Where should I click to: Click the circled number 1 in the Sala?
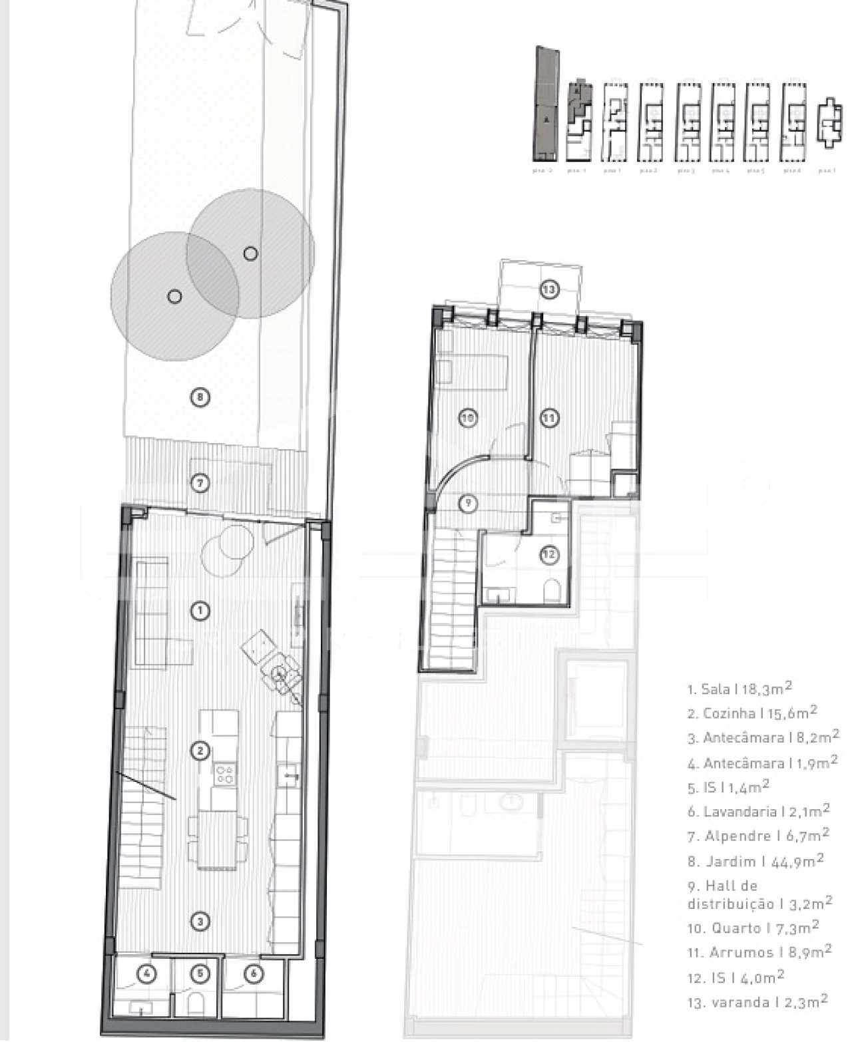(x=200, y=611)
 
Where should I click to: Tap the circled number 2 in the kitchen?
(x=200, y=751)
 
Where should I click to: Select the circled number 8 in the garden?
(x=200, y=397)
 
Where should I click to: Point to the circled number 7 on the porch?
(x=200, y=482)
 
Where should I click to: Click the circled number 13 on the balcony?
(x=548, y=289)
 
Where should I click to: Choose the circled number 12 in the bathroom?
(x=548, y=554)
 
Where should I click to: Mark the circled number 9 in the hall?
(x=469, y=503)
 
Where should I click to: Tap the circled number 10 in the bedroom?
(x=469, y=418)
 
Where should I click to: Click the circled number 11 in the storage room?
(x=548, y=418)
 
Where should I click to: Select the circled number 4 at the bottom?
(x=147, y=974)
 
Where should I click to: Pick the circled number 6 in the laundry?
(x=254, y=974)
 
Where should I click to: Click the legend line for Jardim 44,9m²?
(x=755, y=861)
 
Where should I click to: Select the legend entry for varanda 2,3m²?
(x=757, y=1002)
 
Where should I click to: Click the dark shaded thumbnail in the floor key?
(x=546, y=104)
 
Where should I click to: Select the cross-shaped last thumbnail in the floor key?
(x=828, y=124)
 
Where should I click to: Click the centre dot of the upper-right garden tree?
(x=250, y=254)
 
